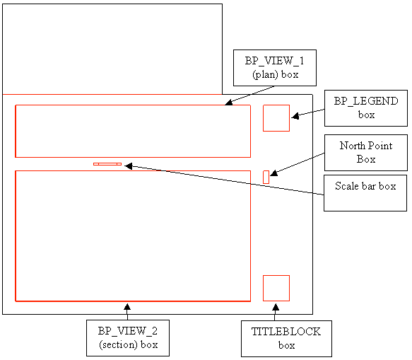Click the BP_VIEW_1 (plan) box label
275,68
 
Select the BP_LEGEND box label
366,108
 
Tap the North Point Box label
366,152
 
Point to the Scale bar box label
365,186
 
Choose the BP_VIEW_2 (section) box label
128,337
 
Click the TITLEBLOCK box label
286,338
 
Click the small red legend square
276,118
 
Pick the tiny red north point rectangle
266,177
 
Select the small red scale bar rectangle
107,164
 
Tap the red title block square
276,288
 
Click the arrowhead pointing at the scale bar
128,166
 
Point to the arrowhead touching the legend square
295,116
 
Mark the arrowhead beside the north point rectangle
273,173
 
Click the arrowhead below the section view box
127,307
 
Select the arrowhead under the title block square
276,307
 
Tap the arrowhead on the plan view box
229,103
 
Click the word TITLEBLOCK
286,332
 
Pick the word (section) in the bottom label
118,344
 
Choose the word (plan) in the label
266,75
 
